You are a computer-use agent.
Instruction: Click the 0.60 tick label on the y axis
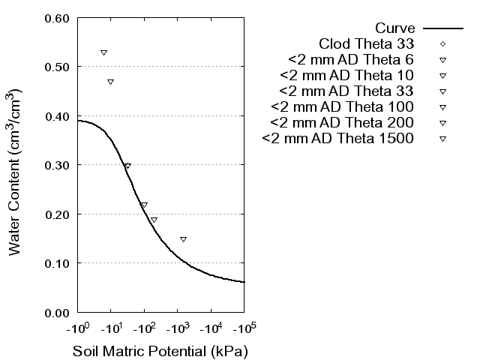(x=57, y=18)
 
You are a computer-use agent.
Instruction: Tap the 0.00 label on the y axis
(x=57, y=312)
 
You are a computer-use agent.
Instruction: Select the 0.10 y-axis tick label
(x=57, y=263)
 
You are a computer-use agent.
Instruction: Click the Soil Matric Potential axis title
(x=160, y=351)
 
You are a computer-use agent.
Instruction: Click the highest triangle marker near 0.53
(x=103, y=52)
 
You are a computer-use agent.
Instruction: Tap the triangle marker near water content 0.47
(x=110, y=82)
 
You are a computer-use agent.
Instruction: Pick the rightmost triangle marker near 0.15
(x=183, y=239)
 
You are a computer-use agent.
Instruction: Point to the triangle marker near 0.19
(x=154, y=220)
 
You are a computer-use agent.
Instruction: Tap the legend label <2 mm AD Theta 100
(x=343, y=106)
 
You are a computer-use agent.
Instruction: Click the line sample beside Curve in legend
(x=443, y=28)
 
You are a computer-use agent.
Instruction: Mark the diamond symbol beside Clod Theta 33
(x=443, y=43)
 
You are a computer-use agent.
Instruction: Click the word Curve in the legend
(x=395, y=28)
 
